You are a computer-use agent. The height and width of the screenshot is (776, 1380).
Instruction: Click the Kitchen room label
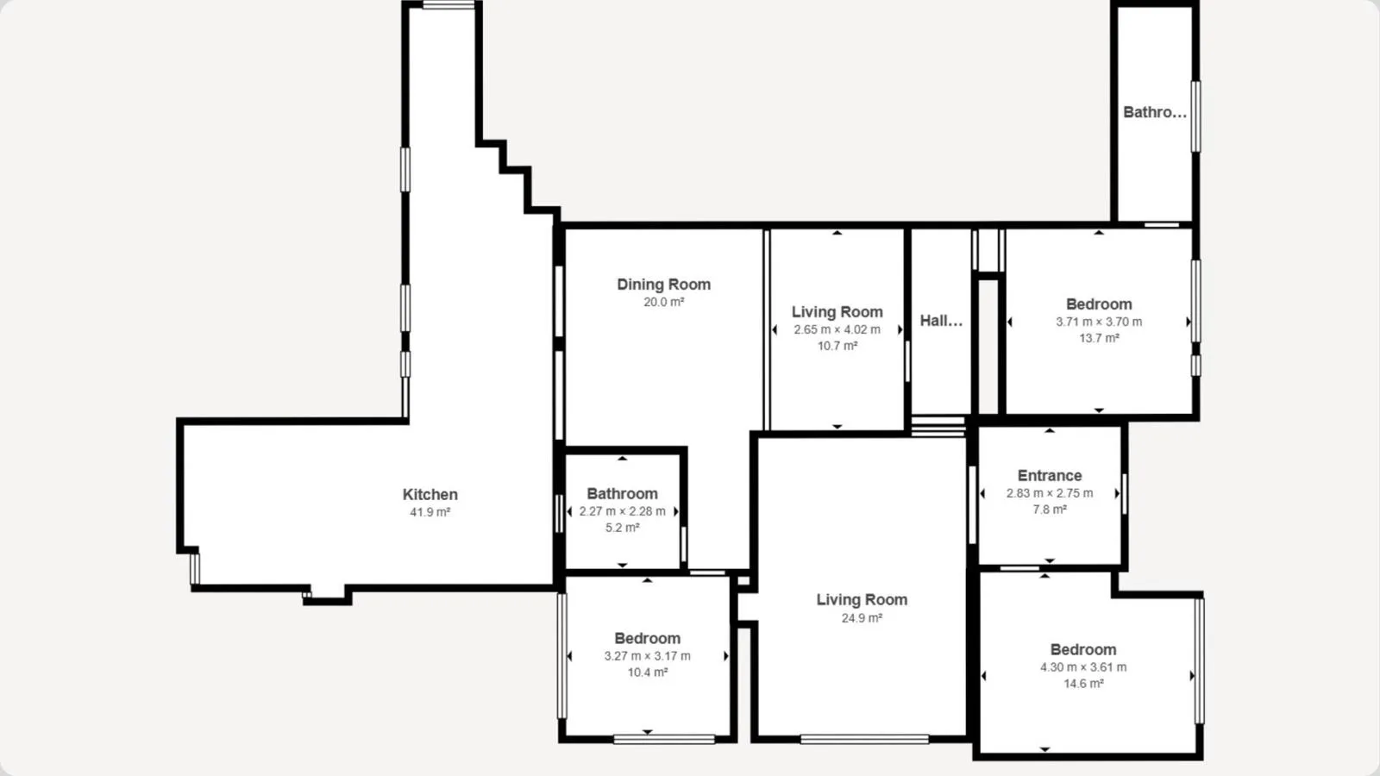click(430, 495)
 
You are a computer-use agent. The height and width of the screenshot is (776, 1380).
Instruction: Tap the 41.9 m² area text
click(430, 512)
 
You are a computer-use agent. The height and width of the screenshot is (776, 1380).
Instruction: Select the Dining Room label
click(663, 285)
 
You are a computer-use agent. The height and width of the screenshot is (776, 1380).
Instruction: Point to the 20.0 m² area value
click(663, 302)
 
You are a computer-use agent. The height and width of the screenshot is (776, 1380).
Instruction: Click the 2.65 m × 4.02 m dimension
click(837, 329)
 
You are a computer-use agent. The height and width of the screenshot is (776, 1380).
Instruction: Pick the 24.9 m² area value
click(862, 617)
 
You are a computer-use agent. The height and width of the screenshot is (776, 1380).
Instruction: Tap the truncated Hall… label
click(941, 320)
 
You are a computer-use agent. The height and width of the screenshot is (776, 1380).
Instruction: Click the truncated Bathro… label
click(1155, 112)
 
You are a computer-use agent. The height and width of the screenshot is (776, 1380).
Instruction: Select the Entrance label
click(1050, 475)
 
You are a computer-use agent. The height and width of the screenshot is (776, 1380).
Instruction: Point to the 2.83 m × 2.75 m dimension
click(1050, 493)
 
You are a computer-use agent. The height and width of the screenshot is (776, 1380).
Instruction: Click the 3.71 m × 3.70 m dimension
click(1099, 322)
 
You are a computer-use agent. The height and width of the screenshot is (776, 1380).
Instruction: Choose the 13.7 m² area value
click(1099, 338)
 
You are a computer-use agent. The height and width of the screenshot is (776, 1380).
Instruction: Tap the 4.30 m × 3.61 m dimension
click(1083, 667)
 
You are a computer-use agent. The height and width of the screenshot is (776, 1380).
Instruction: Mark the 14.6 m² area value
click(1083, 684)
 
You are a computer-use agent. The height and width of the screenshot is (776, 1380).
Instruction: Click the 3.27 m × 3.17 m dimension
click(648, 656)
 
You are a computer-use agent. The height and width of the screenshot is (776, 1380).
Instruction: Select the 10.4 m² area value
click(648, 673)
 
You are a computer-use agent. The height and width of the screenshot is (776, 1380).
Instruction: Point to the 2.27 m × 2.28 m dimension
click(622, 511)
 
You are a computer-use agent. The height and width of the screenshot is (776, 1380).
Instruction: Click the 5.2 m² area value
click(622, 528)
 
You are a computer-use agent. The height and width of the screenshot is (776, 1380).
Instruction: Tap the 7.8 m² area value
click(1050, 510)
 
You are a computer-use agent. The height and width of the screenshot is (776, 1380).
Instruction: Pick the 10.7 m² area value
click(837, 346)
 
